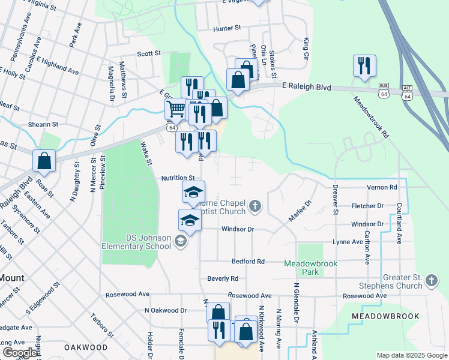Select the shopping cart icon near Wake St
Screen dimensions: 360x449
175,109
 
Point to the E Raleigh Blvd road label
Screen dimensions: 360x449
306,87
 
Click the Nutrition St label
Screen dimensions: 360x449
178,178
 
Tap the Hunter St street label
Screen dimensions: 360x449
227,28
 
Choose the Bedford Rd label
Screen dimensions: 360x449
249,262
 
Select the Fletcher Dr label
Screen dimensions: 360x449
367,206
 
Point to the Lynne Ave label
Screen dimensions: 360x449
348,242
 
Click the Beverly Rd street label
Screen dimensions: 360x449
223,278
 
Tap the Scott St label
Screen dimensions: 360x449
149,53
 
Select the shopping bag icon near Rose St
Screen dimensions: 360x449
44,161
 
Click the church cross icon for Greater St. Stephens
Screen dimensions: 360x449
430,280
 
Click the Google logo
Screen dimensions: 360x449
19,353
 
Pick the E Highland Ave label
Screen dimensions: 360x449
58,65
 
